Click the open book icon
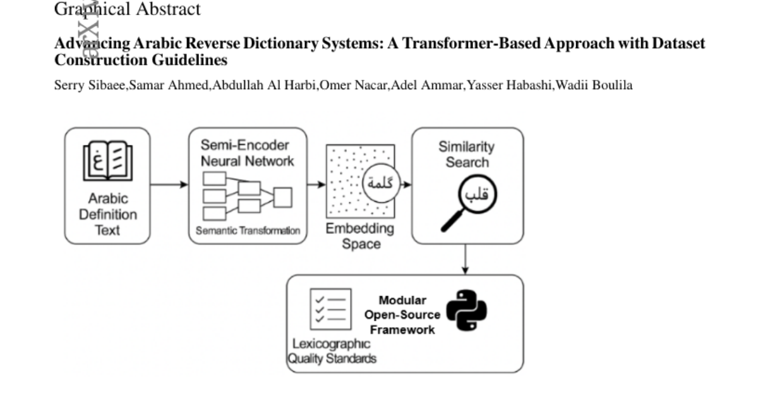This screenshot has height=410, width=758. click(x=107, y=162)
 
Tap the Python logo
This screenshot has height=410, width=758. click(x=466, y=309)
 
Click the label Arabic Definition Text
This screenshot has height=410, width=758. click(x=107, y=214)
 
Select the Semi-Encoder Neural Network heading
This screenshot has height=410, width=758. click(x=247, y=152)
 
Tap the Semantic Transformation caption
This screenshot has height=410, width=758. click(x=248, y=231)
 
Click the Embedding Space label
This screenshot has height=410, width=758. click(x=360, y=236)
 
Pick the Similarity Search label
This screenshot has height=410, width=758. click(x=467, y=154)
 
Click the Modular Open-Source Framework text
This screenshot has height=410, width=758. click(x=402, y=314)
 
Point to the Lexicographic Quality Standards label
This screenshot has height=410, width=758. click(x=332, y=351)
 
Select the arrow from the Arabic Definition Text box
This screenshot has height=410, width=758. click(x=169, y=185)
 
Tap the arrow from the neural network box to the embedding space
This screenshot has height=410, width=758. click(x=316, y=185)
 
